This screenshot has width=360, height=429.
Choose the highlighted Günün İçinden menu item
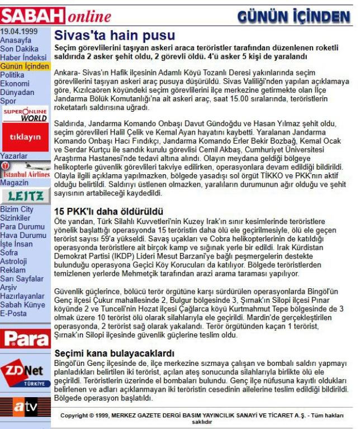coord(25,66)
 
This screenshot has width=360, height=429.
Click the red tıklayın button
coord(25,137)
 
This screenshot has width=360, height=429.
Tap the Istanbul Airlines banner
coord(25,170)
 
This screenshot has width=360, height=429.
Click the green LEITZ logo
coord(25,194)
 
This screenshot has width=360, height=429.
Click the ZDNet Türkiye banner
coord(25,373)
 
